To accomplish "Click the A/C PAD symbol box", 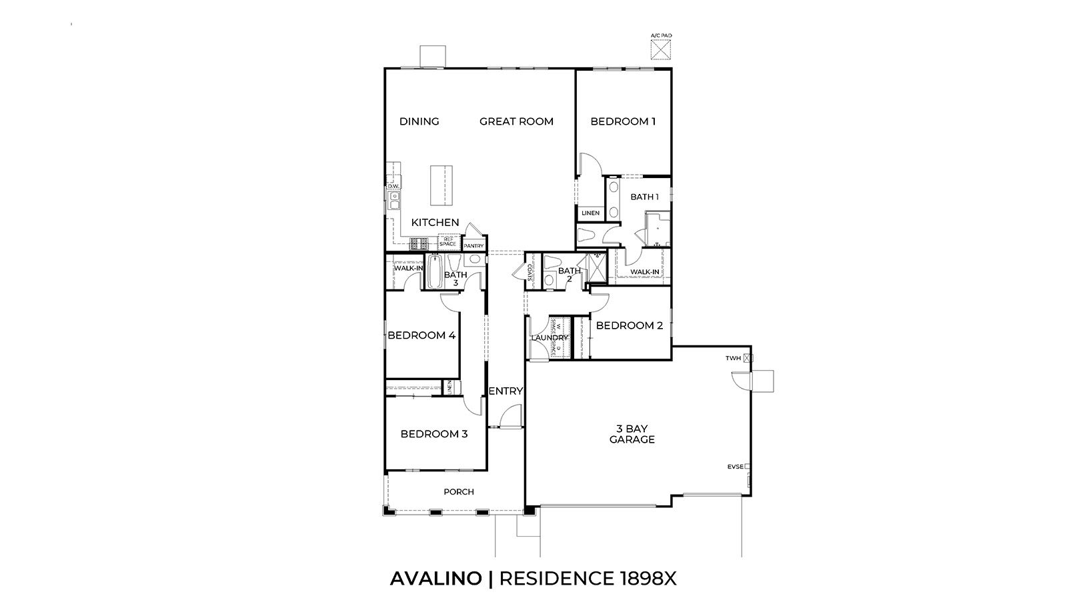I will tap(660, 49).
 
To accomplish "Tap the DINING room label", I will tap(419, 121).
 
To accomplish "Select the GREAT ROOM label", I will tap(517, 121).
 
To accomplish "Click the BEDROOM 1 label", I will tap(623, 121).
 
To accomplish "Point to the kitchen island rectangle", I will tap(438, 186).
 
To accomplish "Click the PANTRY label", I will tap(473, 246).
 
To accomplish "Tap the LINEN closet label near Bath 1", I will tap(590, 213).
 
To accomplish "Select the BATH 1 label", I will tap(644, 197).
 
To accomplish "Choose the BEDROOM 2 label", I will tap(629, 325).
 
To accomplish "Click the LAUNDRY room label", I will tap(549, 338).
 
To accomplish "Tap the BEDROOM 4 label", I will tap(421, 335).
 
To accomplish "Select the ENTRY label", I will tap(505, 391).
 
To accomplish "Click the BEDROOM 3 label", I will tap(434, 434).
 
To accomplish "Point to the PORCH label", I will tap(459, 492).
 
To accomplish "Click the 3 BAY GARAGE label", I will tap(632, 434).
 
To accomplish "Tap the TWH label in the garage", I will tap(734, 359).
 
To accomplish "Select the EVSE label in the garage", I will tap(735, 467).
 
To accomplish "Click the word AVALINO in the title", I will tap(435, 579).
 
